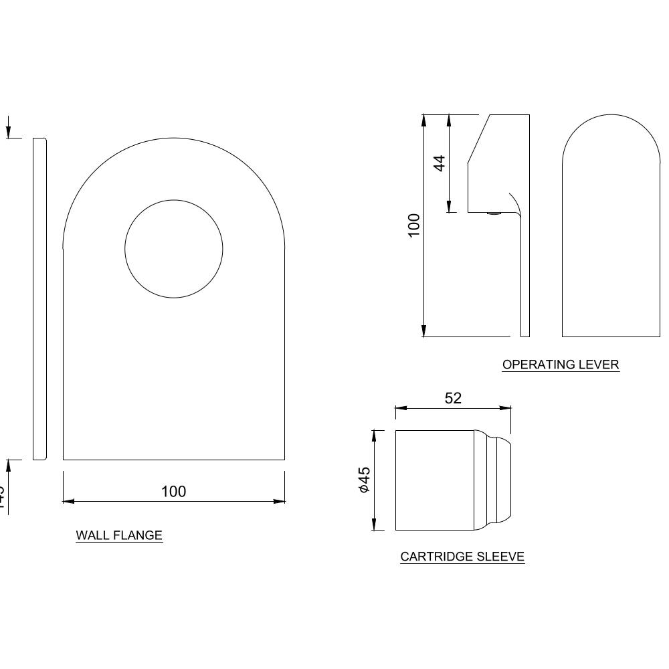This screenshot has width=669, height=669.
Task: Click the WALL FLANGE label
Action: [x=119, y=535]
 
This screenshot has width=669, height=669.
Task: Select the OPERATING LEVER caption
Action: [x=561, y=365]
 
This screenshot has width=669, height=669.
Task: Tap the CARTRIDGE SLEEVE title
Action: [x=462, y=556]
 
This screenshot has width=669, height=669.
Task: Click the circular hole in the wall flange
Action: [x=174, y=249]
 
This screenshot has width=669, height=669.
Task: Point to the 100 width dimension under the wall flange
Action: [x=174, y=492]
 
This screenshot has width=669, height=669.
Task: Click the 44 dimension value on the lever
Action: [x=439, y=163]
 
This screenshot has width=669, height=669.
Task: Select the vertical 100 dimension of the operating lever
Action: [x=414, y=225]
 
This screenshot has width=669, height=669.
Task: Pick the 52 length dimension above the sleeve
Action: [x=453, y=398]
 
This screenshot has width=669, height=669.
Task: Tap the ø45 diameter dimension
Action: [x=364, y=480]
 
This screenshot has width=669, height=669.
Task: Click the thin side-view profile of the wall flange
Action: [x=40, y=299]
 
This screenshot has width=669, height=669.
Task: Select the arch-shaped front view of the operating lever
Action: [x=611, y=227]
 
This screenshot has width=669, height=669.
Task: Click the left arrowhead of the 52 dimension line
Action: [x=400, y=407]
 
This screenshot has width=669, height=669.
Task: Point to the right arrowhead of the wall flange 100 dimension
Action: [x=280, y=501]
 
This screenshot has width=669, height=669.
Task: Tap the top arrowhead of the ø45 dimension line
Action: [x=374, y=435]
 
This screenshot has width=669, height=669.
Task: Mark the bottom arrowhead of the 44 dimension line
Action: [x=450, y=208]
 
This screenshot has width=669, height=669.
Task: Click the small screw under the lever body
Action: [x=494, y=214]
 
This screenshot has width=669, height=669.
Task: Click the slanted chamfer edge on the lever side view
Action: [x=479, y=138]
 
